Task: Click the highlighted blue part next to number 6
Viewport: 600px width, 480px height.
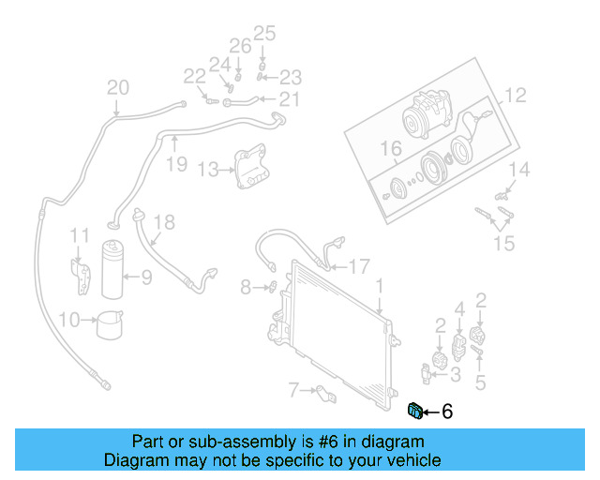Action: [414, 409]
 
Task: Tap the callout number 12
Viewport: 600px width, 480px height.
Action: [517, 96]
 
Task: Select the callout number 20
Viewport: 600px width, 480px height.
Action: [117, 88]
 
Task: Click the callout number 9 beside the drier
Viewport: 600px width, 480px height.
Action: [145, 277]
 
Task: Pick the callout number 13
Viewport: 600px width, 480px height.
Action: [208, 170]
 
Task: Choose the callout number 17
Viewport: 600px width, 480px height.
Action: [360, 265]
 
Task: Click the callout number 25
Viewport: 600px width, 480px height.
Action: [264, 35]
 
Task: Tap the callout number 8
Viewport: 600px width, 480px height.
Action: [246, 287]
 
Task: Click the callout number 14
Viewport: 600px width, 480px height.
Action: [519, 170]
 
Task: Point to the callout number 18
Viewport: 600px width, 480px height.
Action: [164, 222]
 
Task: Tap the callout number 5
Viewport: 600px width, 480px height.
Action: [480, 382]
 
